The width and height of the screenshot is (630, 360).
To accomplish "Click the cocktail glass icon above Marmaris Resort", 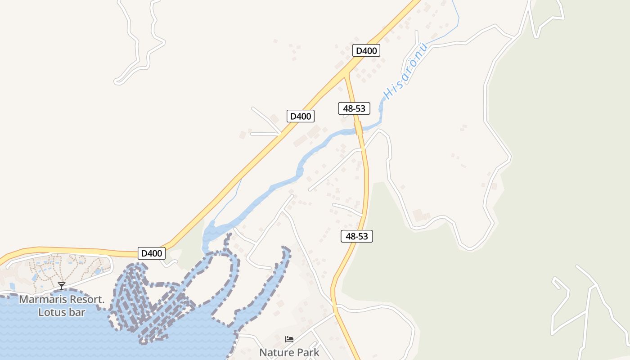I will pyautogui.click(x=62, y=286).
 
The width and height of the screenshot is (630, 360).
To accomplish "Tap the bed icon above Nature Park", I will pyautogui.click(x=289, y=339).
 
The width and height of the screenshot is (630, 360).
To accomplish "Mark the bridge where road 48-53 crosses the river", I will pyautogui.click(x=358, y=128).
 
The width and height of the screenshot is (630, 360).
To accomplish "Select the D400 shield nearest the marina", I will pyautogui.click(x=152, y=253).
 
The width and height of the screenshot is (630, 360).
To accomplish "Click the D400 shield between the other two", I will pyautogui.click(x=301, y=116).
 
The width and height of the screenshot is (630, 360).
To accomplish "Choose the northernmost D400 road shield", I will pyautogui.click(x=366, y=50).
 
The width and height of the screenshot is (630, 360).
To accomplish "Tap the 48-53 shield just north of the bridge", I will pyautogui.click(x=354, y=108).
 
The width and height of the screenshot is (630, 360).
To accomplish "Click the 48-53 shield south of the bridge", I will pyautogui.click(x=357, y=236).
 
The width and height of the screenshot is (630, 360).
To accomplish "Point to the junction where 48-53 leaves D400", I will pyautogui.click(x=346, y=75).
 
